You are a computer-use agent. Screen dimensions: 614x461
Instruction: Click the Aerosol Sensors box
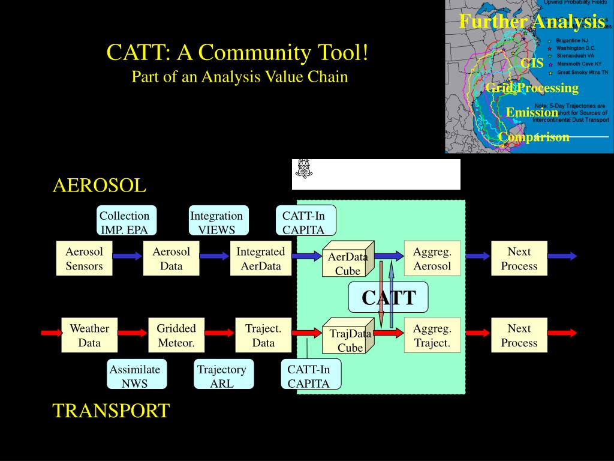[x=84, y=259]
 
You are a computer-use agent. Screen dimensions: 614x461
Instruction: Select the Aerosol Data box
[x=171, y=259]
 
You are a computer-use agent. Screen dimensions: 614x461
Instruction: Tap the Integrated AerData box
[x=261, y=259]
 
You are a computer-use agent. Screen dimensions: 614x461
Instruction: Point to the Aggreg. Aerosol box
[x=432, y=259]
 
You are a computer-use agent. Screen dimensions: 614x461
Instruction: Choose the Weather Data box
[x=89, y=336]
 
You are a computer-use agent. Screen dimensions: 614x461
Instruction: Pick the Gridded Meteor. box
[x=176, y=336]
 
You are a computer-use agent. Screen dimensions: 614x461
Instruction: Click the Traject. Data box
[x=263, y=336]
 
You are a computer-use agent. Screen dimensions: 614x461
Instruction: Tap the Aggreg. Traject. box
[x=432, y=336]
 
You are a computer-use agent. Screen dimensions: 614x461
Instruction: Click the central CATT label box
[x=389, y=297]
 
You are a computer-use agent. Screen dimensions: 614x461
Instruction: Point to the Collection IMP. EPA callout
[x=125, y=222]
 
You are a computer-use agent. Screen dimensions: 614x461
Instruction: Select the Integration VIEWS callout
[x=216, y=222]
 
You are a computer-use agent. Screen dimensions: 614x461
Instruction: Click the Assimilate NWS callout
[x=135, y=376]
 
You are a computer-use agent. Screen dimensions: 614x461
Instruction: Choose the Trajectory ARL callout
[x=222, y=376]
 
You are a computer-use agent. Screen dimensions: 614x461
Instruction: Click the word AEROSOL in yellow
[x=100, y=185]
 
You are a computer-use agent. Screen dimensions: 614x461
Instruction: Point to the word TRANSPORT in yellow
[x=111, y=411]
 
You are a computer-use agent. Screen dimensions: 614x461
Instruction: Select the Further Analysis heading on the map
[x=532, y=22]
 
